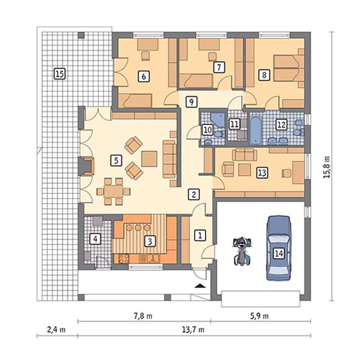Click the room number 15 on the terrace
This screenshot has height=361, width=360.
coord(59,74)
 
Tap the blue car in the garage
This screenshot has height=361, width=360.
coord(278,248)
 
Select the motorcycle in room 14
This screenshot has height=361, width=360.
coord(242,251)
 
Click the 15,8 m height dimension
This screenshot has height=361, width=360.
coord(327,167)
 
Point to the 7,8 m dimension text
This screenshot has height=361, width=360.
coord(143,316)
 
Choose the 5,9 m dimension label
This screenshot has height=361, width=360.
coord(259,316)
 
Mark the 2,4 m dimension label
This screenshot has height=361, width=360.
coord(56,330)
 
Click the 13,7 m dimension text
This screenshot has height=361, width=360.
coord(193,330)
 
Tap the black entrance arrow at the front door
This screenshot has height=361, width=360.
coord(200,286)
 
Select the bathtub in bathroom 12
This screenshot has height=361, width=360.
coord(256,131)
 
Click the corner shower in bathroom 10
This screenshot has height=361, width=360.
coord(218,120)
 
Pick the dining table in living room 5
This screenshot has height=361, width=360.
coord(113,191)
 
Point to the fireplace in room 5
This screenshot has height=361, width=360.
coord(87,166)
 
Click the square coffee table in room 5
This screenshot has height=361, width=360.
coord(149,158)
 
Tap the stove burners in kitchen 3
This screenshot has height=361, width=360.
coord(124,258)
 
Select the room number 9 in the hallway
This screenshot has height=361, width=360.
coord(191,102)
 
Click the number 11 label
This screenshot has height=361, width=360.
coord(235,124)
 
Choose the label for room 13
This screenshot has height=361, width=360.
coord(262,173)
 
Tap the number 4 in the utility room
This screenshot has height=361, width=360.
coord(95,239)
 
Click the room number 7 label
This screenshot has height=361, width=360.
coord(219,67)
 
